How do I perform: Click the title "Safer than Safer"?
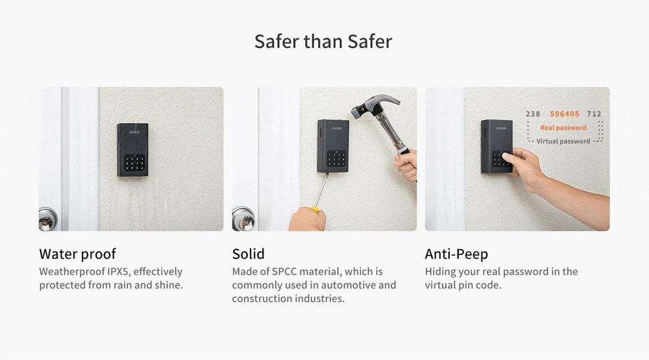(x=323, y=42)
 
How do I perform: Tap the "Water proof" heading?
(x=77, y=254)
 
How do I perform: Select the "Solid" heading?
(x=248, y=254)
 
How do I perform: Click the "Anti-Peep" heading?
(x=456, y=254)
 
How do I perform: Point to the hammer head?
(x=374, y=105)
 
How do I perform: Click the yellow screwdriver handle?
(x=315, y=210)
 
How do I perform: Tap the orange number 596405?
(x=565, y=114)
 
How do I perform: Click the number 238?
(x=533, y=114)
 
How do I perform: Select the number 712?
(x=594, y=114)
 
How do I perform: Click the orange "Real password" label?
(x=563, y=127)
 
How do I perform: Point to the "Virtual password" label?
(x=563, y=141)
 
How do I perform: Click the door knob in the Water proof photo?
(x=47, y=219)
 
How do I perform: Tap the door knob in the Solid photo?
(x=243, y=219)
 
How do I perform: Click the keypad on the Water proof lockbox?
(x=134, y=163)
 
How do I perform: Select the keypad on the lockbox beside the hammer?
(x=336, y=158)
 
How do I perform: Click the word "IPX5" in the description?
(x=118, y=271)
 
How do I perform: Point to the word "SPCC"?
(x=284, y=271)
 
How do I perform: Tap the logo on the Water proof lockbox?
(x=134, y=132)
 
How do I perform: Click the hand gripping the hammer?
(x=406, y=164)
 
